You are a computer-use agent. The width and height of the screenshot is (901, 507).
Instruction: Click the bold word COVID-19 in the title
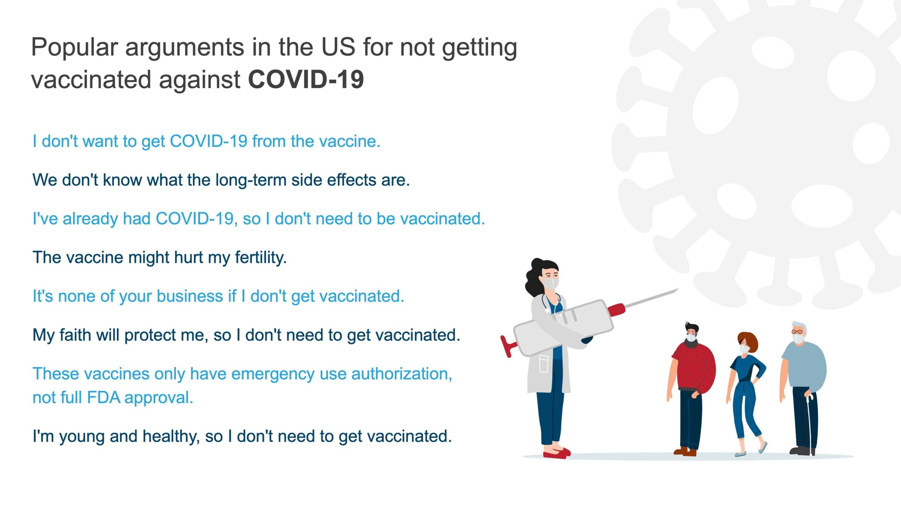pos(306,79)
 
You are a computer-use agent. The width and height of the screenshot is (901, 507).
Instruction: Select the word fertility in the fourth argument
pos(260,258)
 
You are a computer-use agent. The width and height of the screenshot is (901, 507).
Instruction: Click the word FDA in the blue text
pos(103,398)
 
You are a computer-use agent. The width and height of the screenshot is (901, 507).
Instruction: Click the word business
pos(194,296)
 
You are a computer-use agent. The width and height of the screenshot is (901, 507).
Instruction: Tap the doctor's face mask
pos(550,283)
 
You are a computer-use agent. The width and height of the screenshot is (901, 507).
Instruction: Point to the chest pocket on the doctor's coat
pos(544,364)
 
